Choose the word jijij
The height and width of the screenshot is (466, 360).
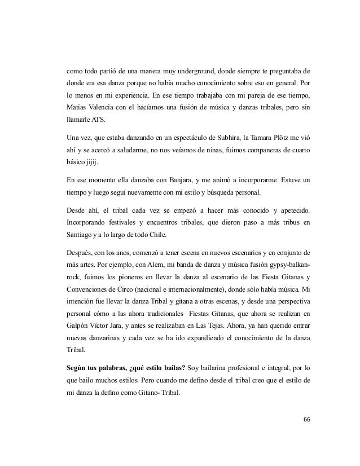click(x=90, y=164)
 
